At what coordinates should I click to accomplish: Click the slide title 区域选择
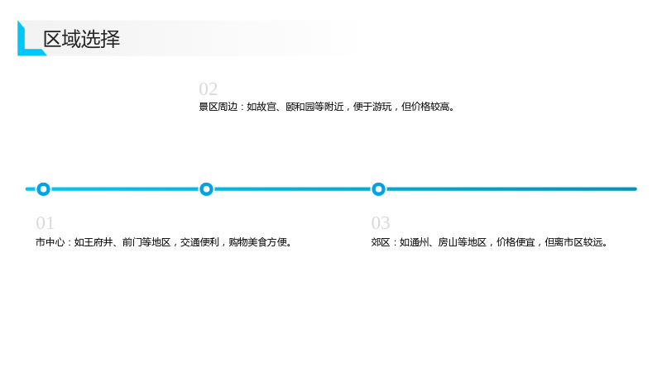[x=81, y=39]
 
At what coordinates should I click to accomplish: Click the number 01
[x=46, y=223]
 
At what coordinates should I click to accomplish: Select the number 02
[x=209, y=89]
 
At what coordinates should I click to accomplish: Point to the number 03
[x=381, y=223]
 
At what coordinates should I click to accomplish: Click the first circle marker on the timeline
[x=43, y=189]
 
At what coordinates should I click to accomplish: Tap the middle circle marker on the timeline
[x=206, y=189]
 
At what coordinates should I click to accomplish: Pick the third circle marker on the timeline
[x=378, y=189]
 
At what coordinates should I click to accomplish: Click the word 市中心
[x=50, y=242]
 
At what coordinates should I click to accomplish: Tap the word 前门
[x=132, y=242]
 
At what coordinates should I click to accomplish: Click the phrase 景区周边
[x=218, y=107]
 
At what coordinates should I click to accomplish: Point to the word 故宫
[x=266, y=107]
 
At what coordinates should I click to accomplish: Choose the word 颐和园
[x=300, y=107]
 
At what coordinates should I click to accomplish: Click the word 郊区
[x=381, y=242]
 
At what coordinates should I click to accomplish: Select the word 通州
[x=419, y=242]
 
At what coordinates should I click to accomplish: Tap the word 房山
[x=448, y=242]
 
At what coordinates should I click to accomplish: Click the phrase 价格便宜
[x=516, y=242]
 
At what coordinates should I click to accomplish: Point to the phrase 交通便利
[x=199, y=242]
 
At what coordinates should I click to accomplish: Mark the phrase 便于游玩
[x=372, y=107]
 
